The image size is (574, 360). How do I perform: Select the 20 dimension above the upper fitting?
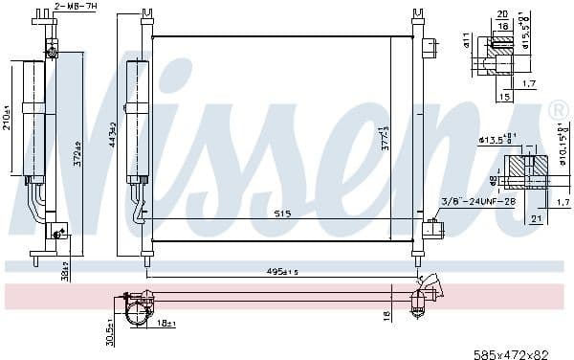[502, 13]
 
